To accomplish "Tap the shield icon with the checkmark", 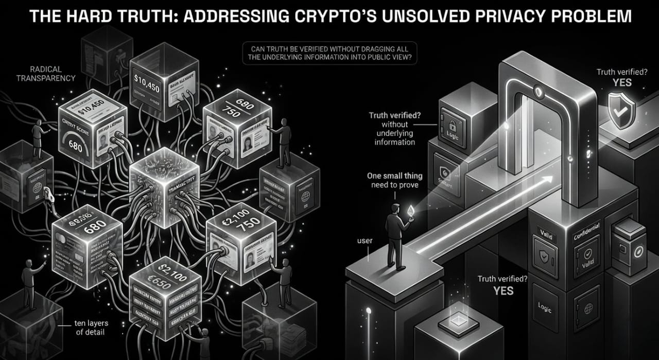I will coord(622,107).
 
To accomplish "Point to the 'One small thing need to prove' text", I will coord(393,180).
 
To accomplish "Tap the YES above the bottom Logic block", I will coord(503,290).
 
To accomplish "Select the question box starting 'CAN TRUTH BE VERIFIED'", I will coord(330,54).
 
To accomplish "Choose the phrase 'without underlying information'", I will coord(394,133).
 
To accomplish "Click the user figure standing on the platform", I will coord(396,234).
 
